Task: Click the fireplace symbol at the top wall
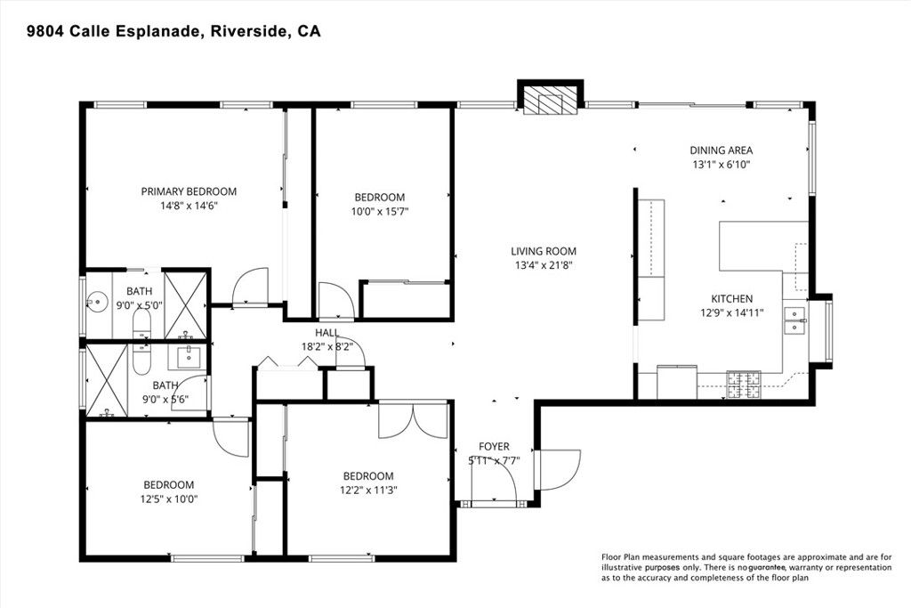click(550, 101)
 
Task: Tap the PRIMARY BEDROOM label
click(189, 191)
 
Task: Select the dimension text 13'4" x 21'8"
click(543, 265)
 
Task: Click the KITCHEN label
click(731, 299)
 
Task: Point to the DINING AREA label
click(722, 150)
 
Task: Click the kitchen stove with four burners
click(745, 384)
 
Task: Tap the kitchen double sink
click(794, 320)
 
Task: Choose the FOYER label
click(494, 446)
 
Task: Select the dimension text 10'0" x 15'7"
click(380, 212)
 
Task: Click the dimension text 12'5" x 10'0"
click(168, 499)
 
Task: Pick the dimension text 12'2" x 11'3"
click(368, 490)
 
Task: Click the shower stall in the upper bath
click(186, 304)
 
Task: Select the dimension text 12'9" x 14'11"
click(731, 313)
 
